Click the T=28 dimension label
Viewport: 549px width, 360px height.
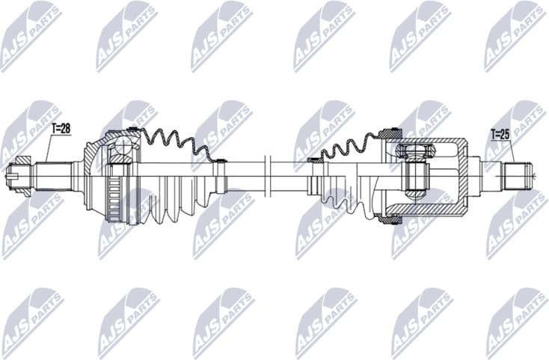click(61, 129)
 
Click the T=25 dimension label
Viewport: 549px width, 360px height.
click(500, 135)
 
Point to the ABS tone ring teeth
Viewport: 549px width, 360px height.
click(112, 196)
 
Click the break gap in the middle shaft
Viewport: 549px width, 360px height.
click(266, 177)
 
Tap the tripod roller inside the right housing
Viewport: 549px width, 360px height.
click(416, 177)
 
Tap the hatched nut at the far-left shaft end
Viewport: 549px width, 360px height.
click(21, 177)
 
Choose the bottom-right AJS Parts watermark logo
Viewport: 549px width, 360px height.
click(516, 322)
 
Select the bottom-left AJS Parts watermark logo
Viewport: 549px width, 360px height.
click(30, 322)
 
